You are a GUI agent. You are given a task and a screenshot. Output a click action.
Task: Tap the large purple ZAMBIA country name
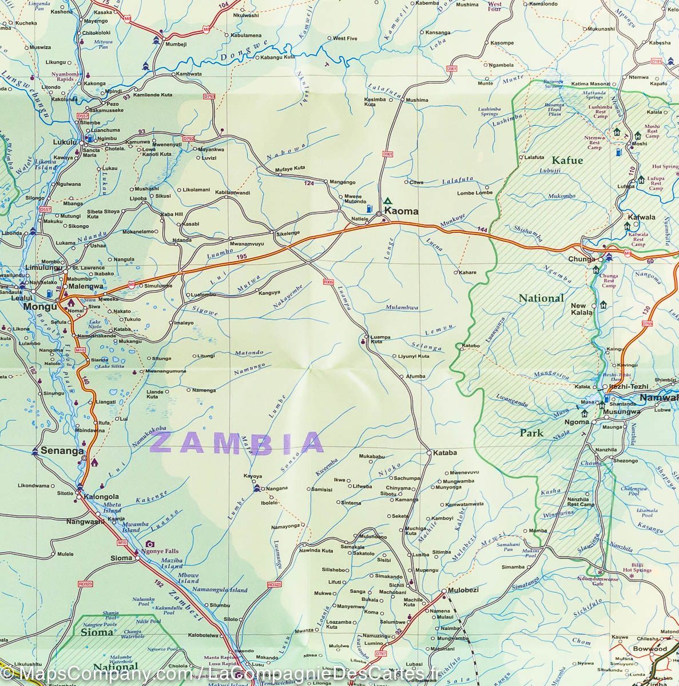[x=239, y=442]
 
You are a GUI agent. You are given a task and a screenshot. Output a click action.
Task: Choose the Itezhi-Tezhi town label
[x=628, y=387]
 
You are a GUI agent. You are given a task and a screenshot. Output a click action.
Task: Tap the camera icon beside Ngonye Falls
[x=150, y=544]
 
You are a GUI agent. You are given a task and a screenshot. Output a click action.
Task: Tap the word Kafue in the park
[x=567, y=161]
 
